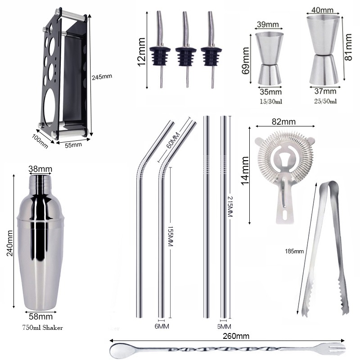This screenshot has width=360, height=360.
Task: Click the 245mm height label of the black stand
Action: tap(102, 77)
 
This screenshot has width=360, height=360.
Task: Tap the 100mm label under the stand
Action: tap(40, 141)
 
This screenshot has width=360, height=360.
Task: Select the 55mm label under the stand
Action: tap(73, 145)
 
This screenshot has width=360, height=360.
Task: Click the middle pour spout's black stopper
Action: tap(186, 57)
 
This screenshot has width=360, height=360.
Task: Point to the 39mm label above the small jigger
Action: tap(268, 24)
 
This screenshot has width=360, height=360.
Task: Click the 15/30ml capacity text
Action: tap(271, 101)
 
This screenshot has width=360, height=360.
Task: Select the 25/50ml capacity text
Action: tap(325, 101)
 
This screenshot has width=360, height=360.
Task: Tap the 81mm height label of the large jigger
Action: tap(348, 47)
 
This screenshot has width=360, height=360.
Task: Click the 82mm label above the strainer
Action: tap(284, 121)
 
